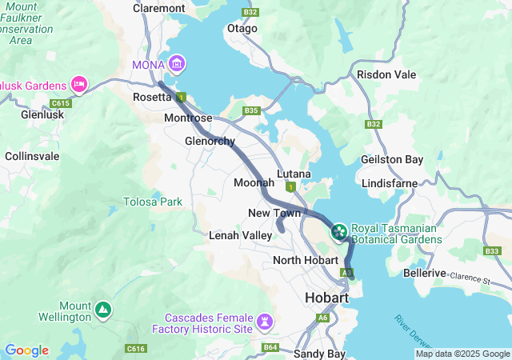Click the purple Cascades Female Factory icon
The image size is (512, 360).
click(266, 322)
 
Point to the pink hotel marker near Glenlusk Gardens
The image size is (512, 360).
click(78, 83)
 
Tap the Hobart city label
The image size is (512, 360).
click(327, 298)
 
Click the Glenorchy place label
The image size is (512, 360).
click(210, 142)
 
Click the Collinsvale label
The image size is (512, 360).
click(32, 156)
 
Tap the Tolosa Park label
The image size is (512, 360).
click(153, 202)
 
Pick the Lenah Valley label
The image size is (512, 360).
click(240, 236)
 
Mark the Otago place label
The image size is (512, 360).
click(242, 28)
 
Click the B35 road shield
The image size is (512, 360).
click(252, 110)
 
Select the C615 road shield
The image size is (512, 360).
click(60, 103)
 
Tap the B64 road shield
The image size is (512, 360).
click(270, 347)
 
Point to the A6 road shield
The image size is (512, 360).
click(322, 318)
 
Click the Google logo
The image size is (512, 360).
click(26, 350)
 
